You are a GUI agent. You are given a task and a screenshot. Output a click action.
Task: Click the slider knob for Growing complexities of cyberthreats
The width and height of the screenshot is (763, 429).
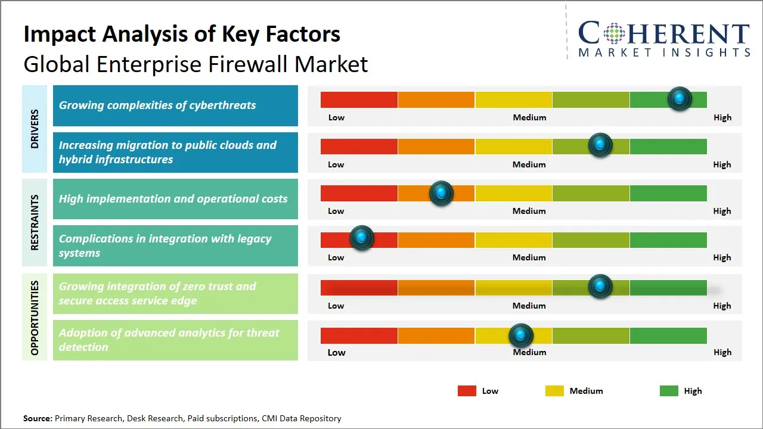click(x=680, y=99)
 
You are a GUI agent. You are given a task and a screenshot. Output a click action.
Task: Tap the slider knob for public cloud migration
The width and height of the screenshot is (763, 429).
click(x=600, y=145)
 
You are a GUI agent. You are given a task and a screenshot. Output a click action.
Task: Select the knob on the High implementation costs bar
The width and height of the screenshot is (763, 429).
click(x=441, y=193)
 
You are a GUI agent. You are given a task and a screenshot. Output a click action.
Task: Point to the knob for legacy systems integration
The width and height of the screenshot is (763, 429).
click(x=361, y=238)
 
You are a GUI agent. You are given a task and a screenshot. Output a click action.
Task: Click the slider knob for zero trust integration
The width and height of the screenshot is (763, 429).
click(x=600, y=287)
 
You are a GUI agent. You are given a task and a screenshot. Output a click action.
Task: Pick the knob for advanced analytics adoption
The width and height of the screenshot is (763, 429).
click(x=521, y=336)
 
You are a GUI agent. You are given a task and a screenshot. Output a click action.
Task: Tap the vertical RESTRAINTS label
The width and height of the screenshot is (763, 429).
click(x=35, y=222)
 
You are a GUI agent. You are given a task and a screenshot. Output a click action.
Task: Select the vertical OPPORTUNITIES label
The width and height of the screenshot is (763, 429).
click(x=35, y=318)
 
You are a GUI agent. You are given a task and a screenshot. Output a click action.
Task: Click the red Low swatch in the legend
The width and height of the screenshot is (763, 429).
click(x=467, y=391)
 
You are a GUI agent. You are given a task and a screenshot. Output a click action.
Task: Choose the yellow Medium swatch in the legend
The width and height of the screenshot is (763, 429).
click(x=554, y=391)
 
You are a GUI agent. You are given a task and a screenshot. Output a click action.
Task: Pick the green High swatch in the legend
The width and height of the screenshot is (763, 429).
click(x=669, y=391)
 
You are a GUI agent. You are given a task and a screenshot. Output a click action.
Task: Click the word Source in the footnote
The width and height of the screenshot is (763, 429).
click(x=38, y=418)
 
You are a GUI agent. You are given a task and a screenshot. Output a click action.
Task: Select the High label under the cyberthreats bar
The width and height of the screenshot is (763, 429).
click(x=722, y=117)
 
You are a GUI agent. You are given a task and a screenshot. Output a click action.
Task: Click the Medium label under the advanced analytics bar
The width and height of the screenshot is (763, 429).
click(x=529, y=352)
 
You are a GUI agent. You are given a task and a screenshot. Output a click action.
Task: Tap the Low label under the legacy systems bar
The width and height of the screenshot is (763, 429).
click(x=336, y=257)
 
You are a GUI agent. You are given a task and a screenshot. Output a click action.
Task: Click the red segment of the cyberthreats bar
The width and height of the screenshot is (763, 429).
click(x=359, y=100)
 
